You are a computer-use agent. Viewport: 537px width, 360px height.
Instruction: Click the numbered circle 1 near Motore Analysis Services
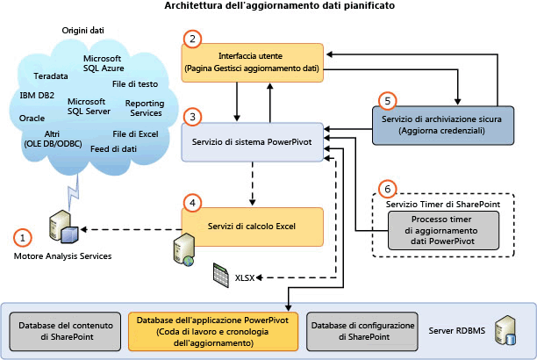[24, 236]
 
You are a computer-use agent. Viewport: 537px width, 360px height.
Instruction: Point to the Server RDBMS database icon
[506, 331]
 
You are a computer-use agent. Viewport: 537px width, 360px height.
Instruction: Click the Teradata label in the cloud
[50, 76]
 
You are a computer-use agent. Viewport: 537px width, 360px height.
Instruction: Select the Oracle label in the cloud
[32, 117]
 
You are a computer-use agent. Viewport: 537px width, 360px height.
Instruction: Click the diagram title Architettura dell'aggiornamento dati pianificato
[267, 7]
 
